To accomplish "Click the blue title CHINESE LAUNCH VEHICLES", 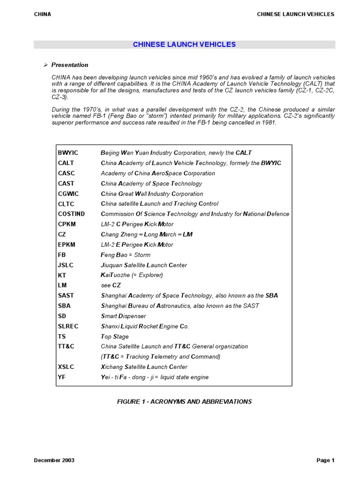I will [x=184, y=45].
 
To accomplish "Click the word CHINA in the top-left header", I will [x=43, y=14].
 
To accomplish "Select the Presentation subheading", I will [x=69, y=65].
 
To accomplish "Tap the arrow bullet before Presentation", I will [x=45, y=65].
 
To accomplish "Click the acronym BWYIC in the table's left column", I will [x=68, y=153].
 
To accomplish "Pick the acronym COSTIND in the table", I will [x=71, y=214].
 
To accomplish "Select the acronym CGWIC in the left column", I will [x=68, y=194].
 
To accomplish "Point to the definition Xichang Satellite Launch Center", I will [x=144, y=367].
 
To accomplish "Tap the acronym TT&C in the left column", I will [x=67, y=346].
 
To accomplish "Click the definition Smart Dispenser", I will [x=123, y=316].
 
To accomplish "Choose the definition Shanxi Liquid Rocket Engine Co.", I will [x=145, y=326].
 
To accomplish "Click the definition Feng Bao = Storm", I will [x=126, y=255].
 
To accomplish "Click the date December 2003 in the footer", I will [x=54, y=460].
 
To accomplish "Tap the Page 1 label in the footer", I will [x=325, y=460].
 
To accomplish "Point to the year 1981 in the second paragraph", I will [x=270, y=123].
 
